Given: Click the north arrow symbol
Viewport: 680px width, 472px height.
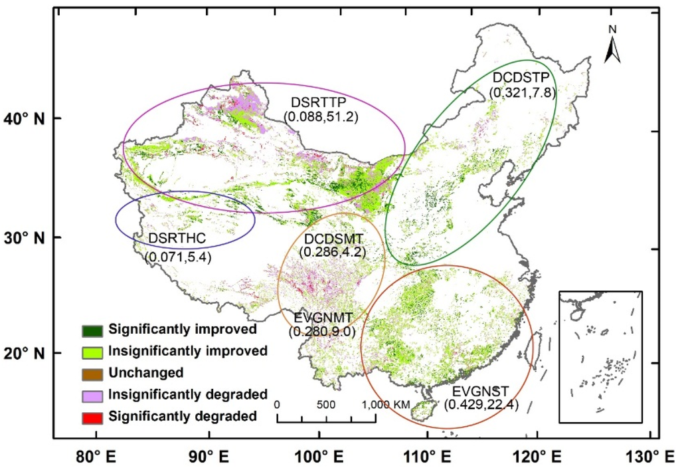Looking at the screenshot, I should [x=612, y=47].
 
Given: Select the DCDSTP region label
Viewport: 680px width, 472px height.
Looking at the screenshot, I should [x=521, y=78].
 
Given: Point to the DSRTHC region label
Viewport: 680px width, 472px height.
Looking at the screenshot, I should [x=176, y=238].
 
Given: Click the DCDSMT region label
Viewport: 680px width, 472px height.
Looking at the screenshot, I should [x=333, y=239].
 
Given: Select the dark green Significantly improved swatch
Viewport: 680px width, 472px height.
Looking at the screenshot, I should [x=92, y=330].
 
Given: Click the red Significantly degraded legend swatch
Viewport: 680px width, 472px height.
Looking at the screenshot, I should [x=92, y=417].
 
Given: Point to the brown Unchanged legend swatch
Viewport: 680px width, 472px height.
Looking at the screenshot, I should [x=92, y=374].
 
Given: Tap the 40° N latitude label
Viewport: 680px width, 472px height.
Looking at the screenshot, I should [x=26, y=118].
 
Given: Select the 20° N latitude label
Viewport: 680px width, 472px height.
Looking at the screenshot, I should [x=26, y=352].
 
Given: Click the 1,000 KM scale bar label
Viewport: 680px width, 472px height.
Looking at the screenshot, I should [x=386, y=404].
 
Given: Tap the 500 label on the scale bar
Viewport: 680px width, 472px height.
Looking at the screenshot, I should [x=326, y=404].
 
